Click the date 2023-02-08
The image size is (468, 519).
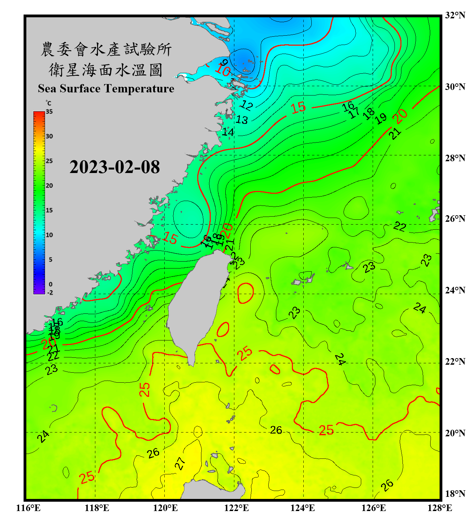pos(114,167)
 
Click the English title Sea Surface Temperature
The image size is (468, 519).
pos(106,89)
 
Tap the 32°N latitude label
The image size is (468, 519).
pos(455,15)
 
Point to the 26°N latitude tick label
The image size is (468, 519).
pos(455,219)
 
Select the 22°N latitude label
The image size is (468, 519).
pos(455,362)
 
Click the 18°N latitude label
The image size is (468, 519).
pos(455,494)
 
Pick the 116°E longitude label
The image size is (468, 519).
pos(28,508)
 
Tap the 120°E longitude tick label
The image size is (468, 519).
pos(165,508)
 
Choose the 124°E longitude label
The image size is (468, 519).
pos(303,508)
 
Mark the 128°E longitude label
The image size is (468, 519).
pos(440,508)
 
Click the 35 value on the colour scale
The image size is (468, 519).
pos(49,112)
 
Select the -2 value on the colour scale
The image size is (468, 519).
pos(50,293)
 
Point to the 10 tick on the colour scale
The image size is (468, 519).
pos(49,235)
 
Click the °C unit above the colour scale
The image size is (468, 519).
pos(49,103)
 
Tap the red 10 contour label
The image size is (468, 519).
pos(223,71)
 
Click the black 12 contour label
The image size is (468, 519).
pos(247,105)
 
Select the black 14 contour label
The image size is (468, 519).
pos(228,132)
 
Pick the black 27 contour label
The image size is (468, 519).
pos(180,463)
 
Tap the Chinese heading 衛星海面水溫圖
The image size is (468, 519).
pos(106,70)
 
